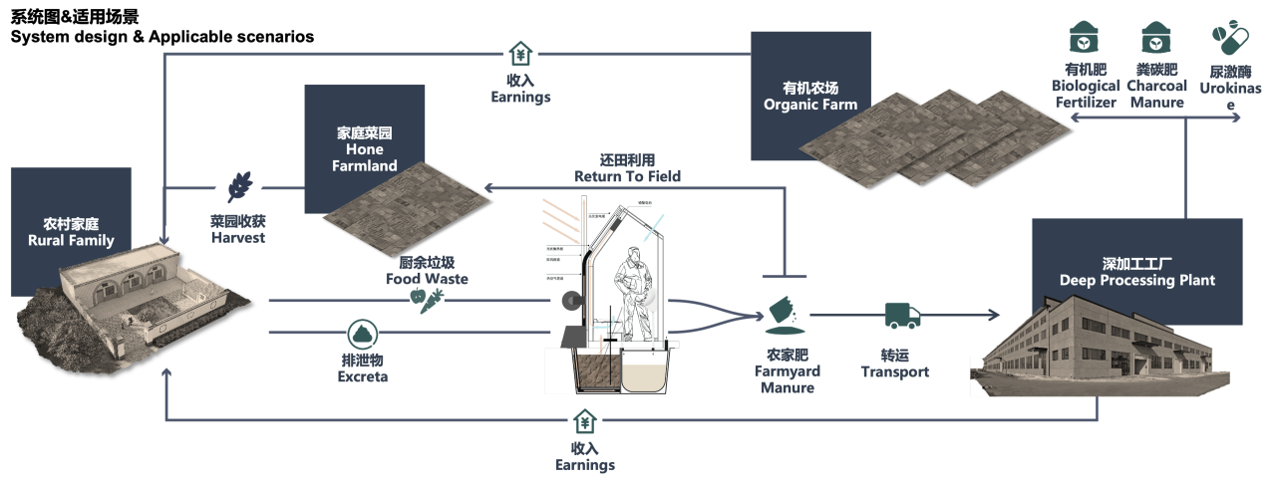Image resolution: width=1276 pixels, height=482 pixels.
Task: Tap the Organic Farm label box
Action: point(810,95)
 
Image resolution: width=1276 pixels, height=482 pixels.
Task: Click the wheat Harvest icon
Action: point(239,185)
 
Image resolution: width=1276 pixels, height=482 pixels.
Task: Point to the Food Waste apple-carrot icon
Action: point(427,300)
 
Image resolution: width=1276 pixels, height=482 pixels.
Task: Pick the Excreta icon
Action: point(363,336)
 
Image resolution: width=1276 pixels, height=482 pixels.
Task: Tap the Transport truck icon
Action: point(902,317)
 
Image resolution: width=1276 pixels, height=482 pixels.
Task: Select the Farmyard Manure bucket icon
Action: point(786,316)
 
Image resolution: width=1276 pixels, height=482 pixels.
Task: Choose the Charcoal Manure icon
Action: point(1155,37)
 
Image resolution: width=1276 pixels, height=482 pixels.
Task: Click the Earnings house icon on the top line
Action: point(520,53)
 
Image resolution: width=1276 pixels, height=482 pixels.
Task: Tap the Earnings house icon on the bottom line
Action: point(584,421)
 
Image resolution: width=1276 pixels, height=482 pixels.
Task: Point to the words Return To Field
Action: point(627,177)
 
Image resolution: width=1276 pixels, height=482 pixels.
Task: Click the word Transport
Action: point(895,372)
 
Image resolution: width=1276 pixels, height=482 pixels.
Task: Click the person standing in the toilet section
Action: point(633,284)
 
